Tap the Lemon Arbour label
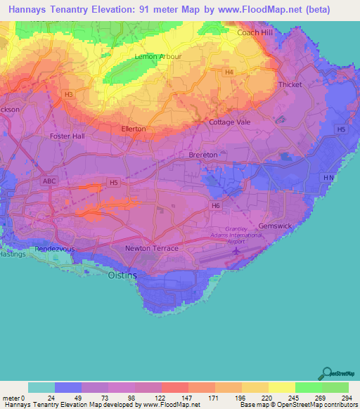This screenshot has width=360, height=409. pyautogui.click(x=158, y=56)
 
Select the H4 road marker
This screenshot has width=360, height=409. pyautogui.click(x=229, y=72)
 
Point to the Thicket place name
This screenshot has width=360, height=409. pyautogui.click(x=290, y=85)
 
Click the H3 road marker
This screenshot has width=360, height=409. pyautogui.click(x=68, y=94)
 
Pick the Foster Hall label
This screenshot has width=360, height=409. pyautogui.click(x=68, y=136)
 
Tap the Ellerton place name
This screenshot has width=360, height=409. pyautogui.click(x=134, y=129)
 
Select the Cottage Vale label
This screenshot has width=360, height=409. pyautogui.click(x=230, y=122)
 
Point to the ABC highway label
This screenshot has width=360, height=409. pyautogui.click(x=49, y=181)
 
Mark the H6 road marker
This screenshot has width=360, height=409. pyautogui.click(x=216, y=206)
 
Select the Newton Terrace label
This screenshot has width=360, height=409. pyautogui.click(x=151, y=249)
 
